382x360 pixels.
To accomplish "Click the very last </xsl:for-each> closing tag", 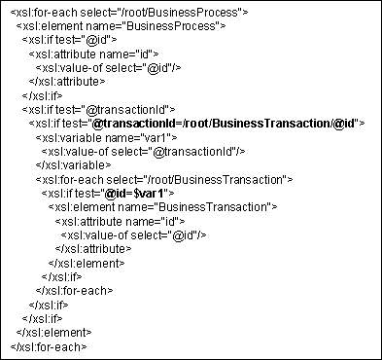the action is (48, 345).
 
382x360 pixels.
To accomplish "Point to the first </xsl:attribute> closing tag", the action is (67, 82).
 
